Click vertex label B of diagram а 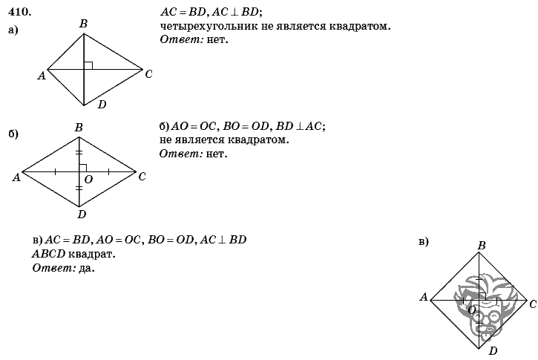[x=83, y=24]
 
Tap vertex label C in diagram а [x=149, y=73]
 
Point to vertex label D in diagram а [x=102, y=105]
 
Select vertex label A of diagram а [x=42, y=75]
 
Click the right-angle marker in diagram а [x=88, y=65]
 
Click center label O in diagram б [x=88, y=179]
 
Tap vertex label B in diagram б [x=79, y=128]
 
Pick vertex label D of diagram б [x=82, y=215]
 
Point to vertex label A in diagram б [x=16, y=177]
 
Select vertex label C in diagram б [x=142, y=177]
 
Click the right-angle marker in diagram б [x=83, y=168]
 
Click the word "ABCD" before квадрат [x=48, y=254]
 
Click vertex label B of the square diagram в [x=482, y=245]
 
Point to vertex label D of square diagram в [x=493, y=350]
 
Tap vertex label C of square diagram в [x=533, y=304]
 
